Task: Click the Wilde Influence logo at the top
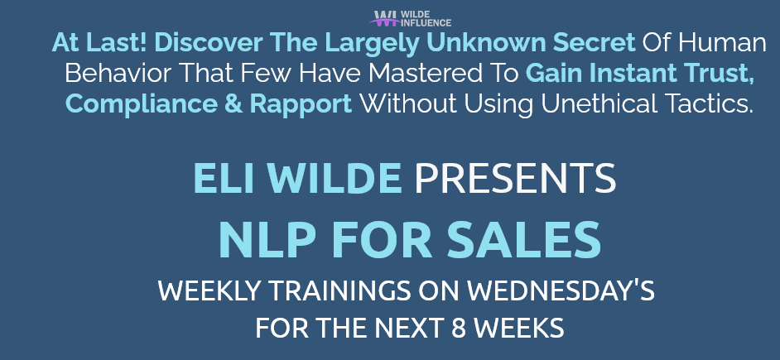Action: pyautogui.click(x=411, y=18)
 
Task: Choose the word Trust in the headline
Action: pyautogui.click(x=719, y=74)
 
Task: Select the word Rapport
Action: pyautogui.click(x=301, y=104)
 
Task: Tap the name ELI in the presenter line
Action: pyautogui.click(x=219, y=179)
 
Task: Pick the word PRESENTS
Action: pyautogui.click(x=515, y=179)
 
